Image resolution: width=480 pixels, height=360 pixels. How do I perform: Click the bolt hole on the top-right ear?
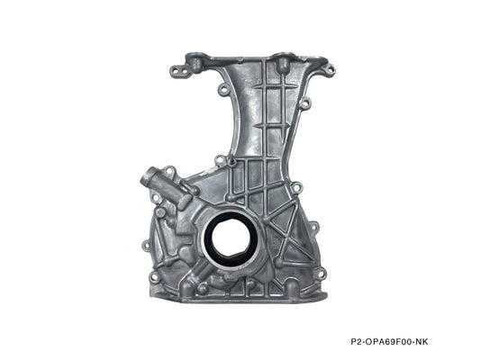pos(329,68)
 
